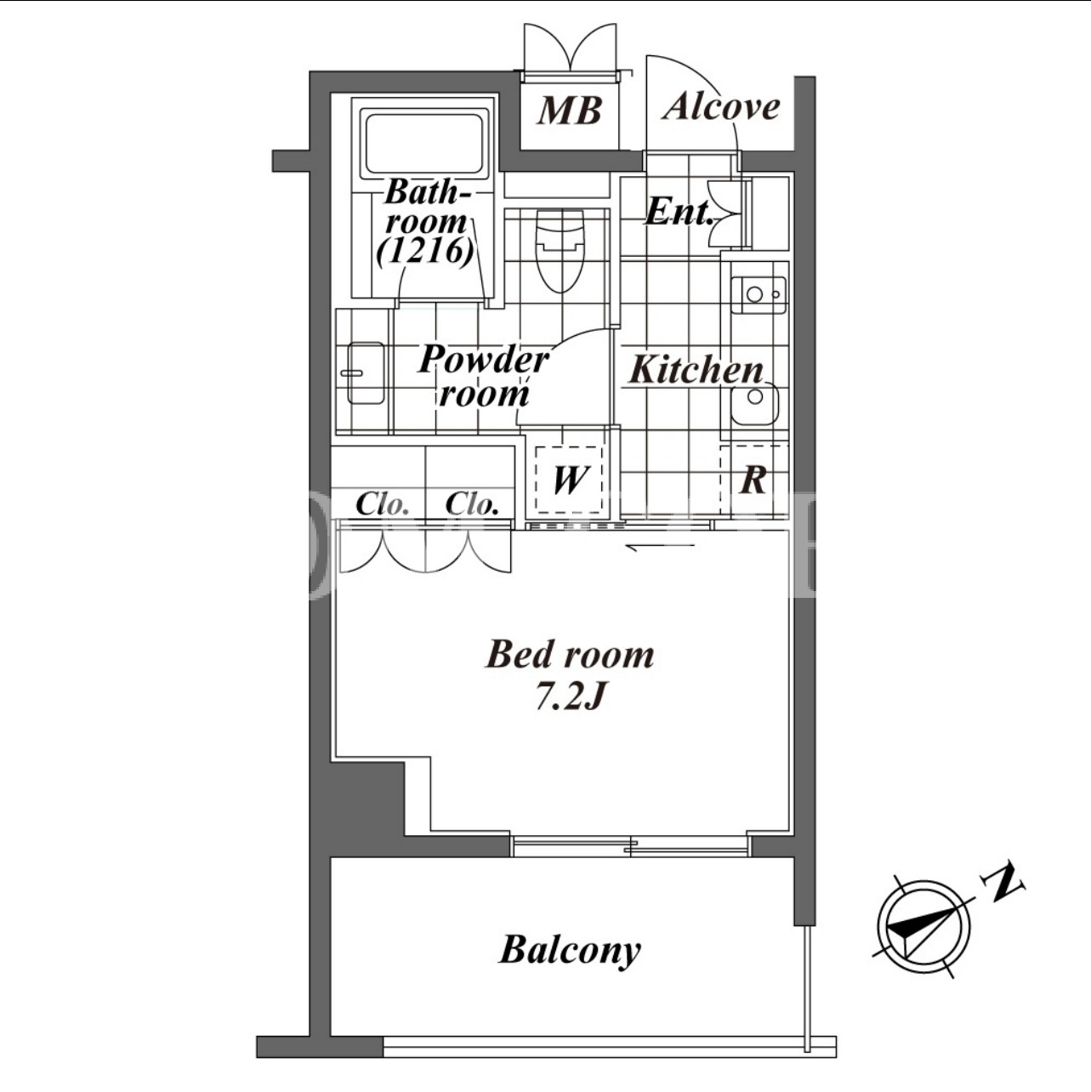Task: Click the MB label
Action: tap(570, 111)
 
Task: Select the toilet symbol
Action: tap(560, 251)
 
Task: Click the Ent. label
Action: tap(679, 212)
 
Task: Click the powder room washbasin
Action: tap(365, 373)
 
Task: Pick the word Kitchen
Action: tap(696, 370)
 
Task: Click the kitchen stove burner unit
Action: tap(759, 294)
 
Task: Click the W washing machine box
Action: tap(568, 480)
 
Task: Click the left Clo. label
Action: tap(383, 503)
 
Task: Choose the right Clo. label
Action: tap(472, 503)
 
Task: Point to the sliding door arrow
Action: tap(660, 546)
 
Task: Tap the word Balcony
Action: tap(570, 950)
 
